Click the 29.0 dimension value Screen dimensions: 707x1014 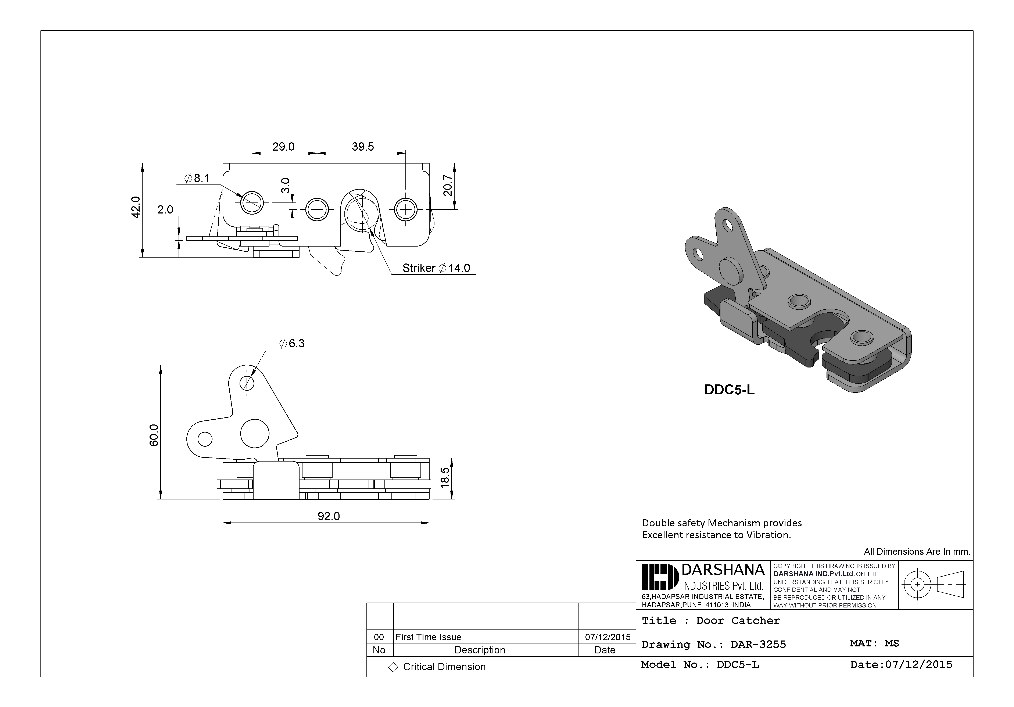(x=283, y=147)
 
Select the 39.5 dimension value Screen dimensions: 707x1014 (x=363, y=147)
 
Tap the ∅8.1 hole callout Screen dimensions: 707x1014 (x=197, y=178)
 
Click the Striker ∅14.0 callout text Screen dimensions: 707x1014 (x=436, y=268)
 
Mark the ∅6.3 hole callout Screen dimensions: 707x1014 (x=292, y=344)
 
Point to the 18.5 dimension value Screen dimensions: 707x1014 (x=445, y=477)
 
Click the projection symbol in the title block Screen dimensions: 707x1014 (x=935, y=584)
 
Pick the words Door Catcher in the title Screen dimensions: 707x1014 (x=738, y=620)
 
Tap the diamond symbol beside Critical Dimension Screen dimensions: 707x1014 (x=393, y=667)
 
